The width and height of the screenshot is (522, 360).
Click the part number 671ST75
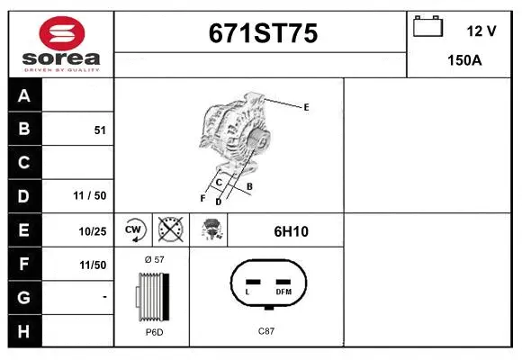click(x=263, y=33)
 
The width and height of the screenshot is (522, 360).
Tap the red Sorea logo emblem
click(x=62, y=33)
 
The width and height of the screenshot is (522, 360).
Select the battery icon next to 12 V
click(x=427, y=26)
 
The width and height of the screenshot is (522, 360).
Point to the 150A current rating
click(x=464, y=60)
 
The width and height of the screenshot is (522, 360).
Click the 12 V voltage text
click(x=481, y=31)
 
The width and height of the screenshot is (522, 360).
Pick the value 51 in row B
click(x=100, y=130)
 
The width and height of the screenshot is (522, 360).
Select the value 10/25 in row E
click(x=93, y=231)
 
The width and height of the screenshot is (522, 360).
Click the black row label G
click(x=24, y=297)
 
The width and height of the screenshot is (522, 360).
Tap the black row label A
click(x=24, y=95)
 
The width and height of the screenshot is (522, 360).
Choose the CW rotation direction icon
click(x=133, y=229)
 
